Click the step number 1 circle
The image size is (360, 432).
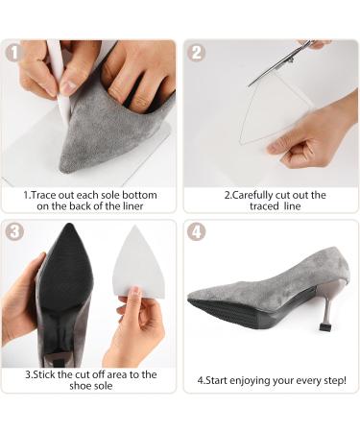tap(13, 52)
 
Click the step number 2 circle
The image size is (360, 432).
tap(196, 52)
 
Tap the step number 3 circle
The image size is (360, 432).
tap(14, 231)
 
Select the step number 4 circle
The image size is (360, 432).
tap(196, 231)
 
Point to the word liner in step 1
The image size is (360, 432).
tap(132, 206)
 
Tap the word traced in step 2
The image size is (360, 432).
tap(264, 206)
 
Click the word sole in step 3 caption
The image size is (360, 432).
tap(102, 386)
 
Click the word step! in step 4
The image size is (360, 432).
tap(336, 380)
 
